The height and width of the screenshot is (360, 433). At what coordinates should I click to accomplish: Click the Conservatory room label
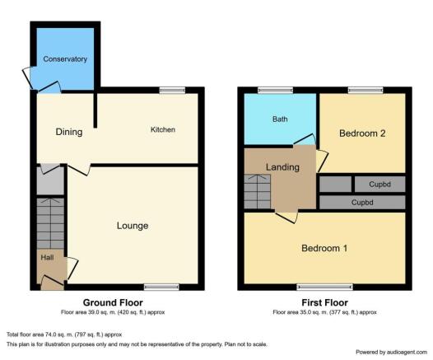pyautogui.click(x=65, y=58)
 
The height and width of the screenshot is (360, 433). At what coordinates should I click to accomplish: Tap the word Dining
pyautogui.click(x=69, y=132)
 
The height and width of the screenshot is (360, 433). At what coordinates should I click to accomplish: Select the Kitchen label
pyautogui.click(x=163, y=129)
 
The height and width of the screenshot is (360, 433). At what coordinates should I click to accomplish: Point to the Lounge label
pyautogui.click(x=133, y=226)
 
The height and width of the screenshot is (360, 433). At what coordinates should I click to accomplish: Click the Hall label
pyautogui.click(x=47, y=258)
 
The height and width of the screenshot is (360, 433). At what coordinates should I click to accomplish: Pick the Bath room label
pyautogui.click(x=280, y=119)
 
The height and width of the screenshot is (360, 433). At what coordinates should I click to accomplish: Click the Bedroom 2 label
pyautogui.click(x=362, y=133)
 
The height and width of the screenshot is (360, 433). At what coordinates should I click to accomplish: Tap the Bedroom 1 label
pyautogui.click(x=324, y=248)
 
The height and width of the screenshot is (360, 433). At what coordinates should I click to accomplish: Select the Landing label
pyautogui.click(x=282, y=167)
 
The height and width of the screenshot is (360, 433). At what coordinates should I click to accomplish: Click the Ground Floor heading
pyautogui.click(x=113, y=302)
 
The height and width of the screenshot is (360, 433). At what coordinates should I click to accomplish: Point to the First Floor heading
pyautogui.click(x=324, y=302)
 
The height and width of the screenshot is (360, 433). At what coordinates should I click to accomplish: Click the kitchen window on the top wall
pyautogui.click(x=172, y=90)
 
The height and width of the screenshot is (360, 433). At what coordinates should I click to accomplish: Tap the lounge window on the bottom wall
pyautogui.click(x=161, y=287)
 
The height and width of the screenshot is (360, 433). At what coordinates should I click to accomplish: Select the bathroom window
pyautogui.click(x=275, y=90)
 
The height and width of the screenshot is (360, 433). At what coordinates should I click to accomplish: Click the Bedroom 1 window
pyautogui.click(x=324, y=287)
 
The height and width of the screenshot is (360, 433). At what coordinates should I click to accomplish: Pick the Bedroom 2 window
pyautogui.click(x=365, y=90)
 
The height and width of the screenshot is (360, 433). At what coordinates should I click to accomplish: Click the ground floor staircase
pyautogui.click(x=50, y=223)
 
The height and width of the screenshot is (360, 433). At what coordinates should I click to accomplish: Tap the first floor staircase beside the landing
pyautogui.click(x=257, y=191)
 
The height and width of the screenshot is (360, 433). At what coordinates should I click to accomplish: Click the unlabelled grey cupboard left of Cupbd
pyautogui.click(x=335, y=184)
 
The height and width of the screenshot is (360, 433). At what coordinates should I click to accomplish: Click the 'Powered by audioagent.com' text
pyautogui.click(x=391, y=352)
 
